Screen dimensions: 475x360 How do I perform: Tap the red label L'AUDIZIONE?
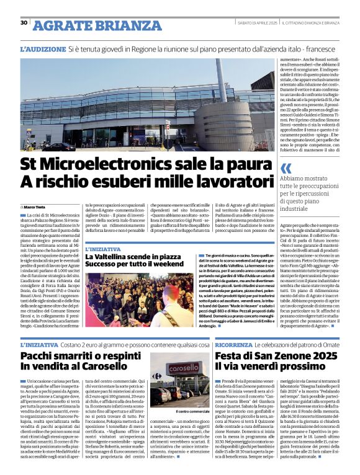tap(42, 48)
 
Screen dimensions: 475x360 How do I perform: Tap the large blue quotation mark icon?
tap(286, 168)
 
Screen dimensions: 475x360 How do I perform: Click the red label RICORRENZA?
tap(235, 344)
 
